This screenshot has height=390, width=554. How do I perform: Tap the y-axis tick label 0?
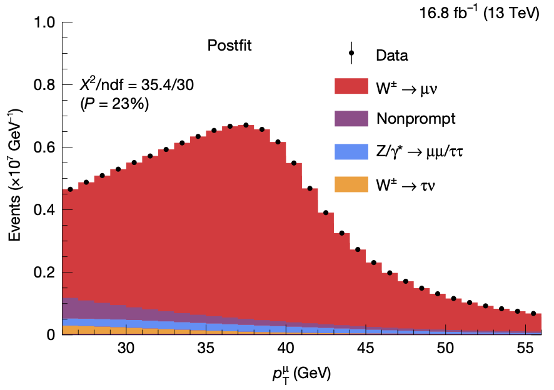click(51, 335)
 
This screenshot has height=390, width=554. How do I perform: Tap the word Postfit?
click(229, 46)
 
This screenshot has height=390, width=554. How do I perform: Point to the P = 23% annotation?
click(114, 105)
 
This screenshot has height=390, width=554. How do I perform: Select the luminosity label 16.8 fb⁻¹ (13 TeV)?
click(480, 13)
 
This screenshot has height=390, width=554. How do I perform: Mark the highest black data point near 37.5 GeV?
click(246, 126)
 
